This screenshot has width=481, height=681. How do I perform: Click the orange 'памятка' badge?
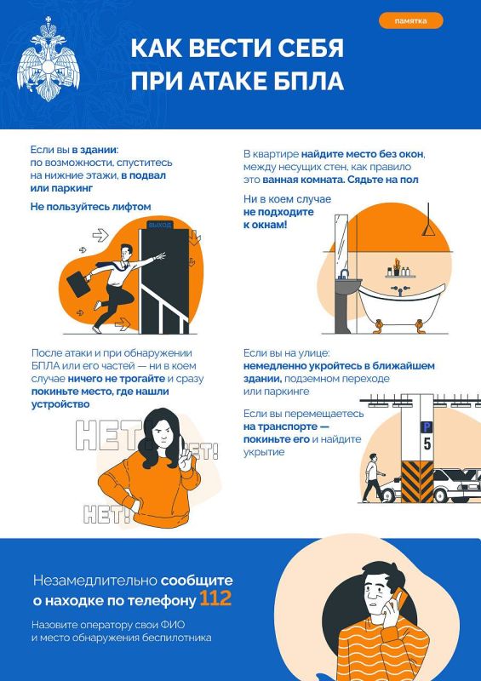tap(410, 20)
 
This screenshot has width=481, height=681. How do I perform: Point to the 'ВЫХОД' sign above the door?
tap(159, 225)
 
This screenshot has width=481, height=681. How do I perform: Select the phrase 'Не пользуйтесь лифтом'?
tap(90, 206)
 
